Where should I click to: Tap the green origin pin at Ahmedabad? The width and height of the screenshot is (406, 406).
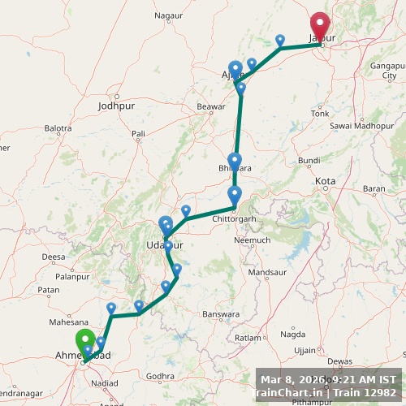click(84, 341)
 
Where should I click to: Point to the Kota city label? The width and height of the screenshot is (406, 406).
click(326, 181)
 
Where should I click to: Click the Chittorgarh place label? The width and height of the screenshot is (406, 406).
click(234, 218)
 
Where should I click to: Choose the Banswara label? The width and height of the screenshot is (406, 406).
click(222, 313)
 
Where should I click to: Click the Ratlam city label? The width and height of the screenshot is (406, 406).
click(248, 337)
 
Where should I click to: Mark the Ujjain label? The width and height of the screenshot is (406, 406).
click(304, 350)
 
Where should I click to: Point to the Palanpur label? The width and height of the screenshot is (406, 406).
click(72, 276)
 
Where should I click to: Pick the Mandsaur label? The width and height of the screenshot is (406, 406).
click(267, 273)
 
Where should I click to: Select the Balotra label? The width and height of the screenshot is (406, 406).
click(58, 128)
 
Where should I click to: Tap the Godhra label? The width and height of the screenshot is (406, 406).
click(162, 376)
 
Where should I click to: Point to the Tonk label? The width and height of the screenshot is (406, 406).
click(320, 113)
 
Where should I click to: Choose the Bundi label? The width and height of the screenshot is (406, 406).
click(309, 160)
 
